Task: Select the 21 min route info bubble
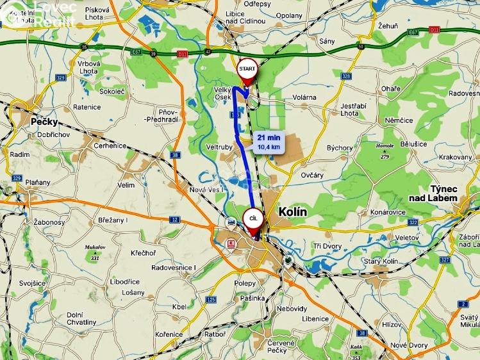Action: coord(269,142)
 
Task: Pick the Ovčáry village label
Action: coord(312,174)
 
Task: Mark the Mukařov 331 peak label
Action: coord(94,250)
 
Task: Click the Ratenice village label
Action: coord(87,107)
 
